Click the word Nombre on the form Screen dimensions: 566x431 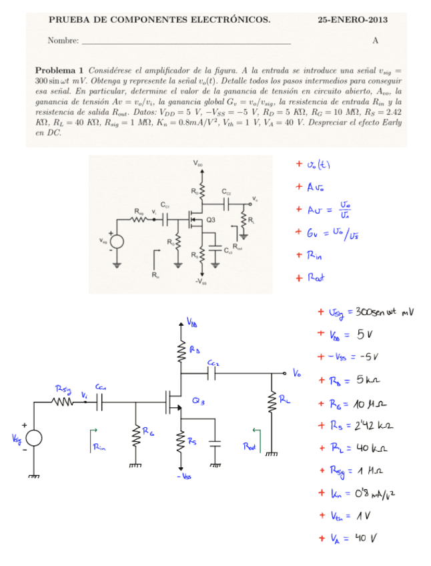tap(62, 41)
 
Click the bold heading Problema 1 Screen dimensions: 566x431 tap(59, 69)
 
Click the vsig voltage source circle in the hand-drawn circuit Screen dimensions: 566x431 tap(33, 439)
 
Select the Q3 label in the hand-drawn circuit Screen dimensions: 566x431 tap(198, 401)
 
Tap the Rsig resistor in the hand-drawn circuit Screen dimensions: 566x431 tap(65, 402)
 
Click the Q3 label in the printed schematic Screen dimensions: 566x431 tap(211, 219)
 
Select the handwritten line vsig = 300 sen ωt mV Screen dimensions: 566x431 tap(370, 312)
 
